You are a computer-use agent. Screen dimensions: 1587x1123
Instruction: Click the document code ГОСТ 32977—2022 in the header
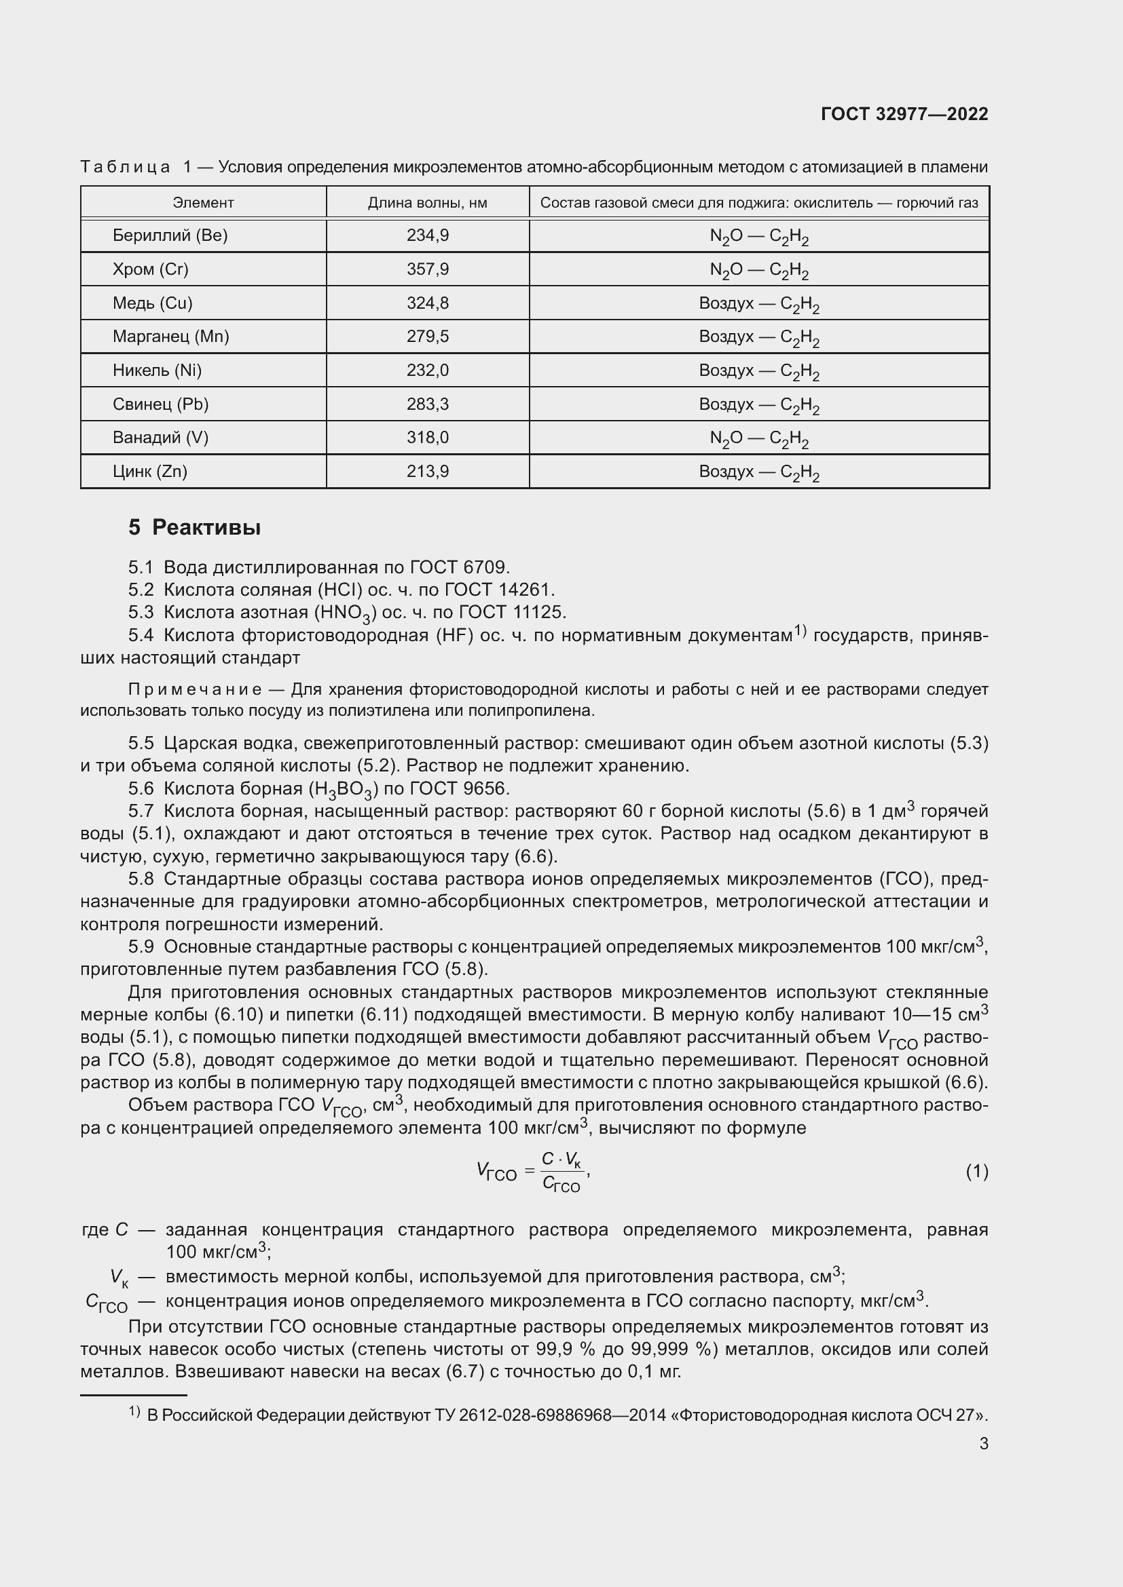[904, 114]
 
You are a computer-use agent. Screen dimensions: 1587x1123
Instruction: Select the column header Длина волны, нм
[427, 202]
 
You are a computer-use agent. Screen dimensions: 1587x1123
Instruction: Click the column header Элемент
[202, 202]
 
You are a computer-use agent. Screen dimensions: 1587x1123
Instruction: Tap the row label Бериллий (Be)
[170, 235]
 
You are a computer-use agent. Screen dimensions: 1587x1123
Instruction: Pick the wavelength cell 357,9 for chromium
[427, 269]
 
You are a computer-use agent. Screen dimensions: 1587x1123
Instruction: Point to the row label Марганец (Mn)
[171, 337]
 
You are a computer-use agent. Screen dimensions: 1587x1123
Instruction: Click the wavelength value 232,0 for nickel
[427, 370]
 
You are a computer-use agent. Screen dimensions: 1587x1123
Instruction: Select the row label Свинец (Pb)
[160, 404]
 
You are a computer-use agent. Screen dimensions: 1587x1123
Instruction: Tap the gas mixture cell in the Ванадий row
[758, 438]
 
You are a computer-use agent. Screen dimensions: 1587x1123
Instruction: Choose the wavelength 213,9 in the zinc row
[427, 472]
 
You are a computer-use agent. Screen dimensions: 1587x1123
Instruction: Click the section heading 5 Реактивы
[194, 528]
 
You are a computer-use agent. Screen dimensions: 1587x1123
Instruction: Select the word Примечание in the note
[195, 689]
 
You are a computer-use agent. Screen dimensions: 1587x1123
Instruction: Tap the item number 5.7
[141, 811]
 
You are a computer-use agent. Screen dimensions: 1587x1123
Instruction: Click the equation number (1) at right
[976, 1172]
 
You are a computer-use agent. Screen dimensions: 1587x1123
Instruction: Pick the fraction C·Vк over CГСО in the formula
[561, 1172]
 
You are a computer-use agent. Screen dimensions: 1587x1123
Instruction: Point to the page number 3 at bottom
[983, 1444]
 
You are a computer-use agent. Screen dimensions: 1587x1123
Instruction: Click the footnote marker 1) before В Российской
[134, 1412]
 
